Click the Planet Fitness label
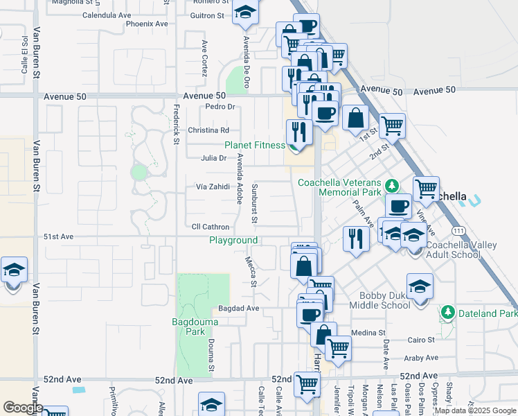pyautogui.click(x=254, y=145)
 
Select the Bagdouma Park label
pyautogui.click(x=195, y=327)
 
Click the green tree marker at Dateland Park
pyautogui.click(x=447, y=313)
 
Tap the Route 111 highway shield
pyautogui.click(x=457, y=229)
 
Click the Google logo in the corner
pyautogui.click(x=22, y=408)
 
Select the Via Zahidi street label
pyautogui.click(x=212, y=187)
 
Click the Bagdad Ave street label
pyautogui.click(x=238, y=308)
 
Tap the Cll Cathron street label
pyautogui.click(x=211, y=227)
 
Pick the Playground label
pyautogui.click(x=234, y=241)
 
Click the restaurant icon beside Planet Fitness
pyautogui.click(x=298, y=131)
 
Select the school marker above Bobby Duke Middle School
pyautogui.click(x=420, y=286)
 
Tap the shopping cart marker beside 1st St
pyautogui.click(x=392, y=125)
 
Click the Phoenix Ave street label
pyautogui.click(x=147, y=24)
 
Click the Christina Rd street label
pyautogui.click(x=208, y=130)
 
